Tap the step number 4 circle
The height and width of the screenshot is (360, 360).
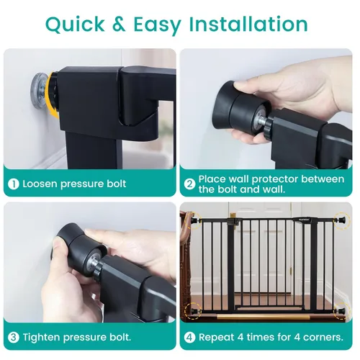(189, 337)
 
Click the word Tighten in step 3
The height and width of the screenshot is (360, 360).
(44, 337)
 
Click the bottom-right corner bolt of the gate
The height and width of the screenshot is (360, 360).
(341, 312)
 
